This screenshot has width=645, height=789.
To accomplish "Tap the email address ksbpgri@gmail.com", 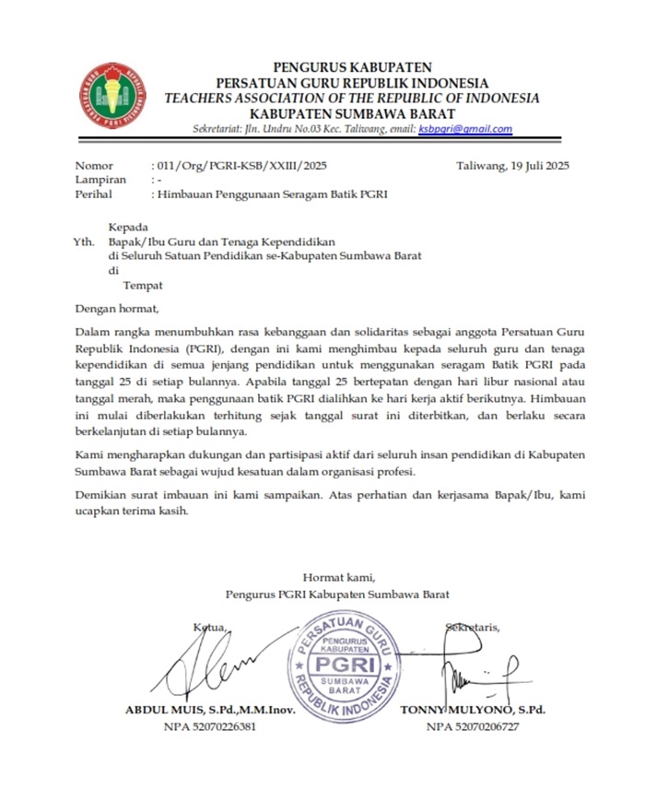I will pyautogui.click(x=465, y=130).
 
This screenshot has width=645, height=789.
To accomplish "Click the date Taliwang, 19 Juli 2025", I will pyautogui.click(x=512, y=166).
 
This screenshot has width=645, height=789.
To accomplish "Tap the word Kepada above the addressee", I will pyautogui.click(x=127, y=226).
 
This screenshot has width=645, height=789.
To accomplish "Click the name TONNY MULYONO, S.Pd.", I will pyautogui.click(x=473, y=710).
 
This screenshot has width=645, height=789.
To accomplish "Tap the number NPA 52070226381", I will pyautogui.click(x=209, y=726).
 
